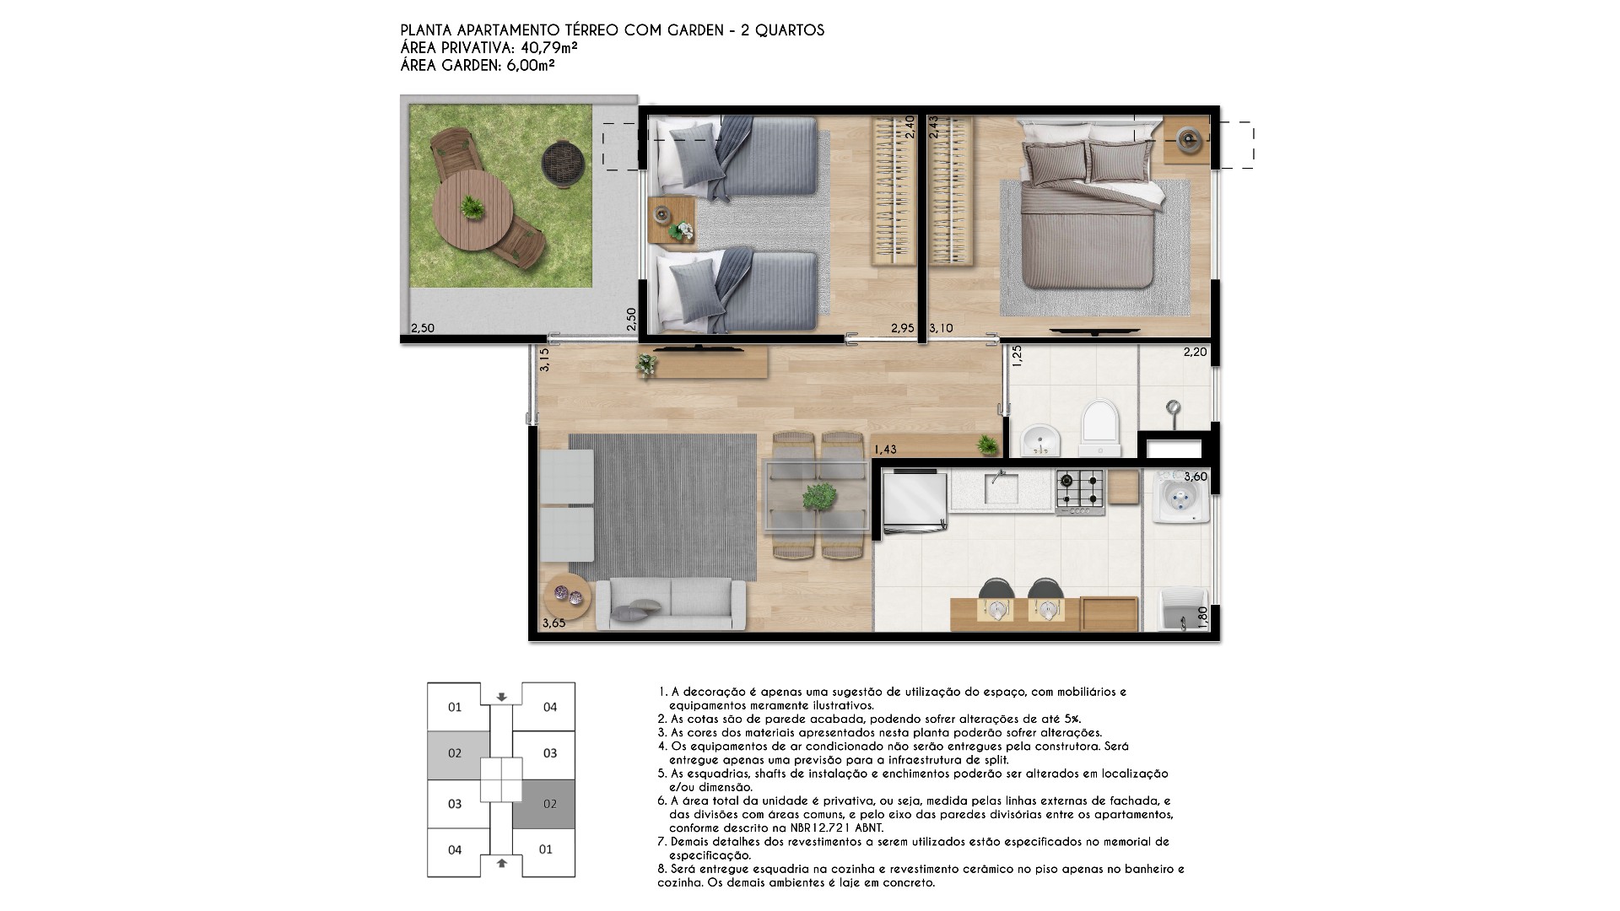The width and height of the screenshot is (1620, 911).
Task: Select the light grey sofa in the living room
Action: (671, 604)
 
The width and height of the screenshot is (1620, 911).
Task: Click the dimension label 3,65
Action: (553, 623)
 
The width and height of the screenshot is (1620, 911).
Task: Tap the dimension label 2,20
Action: (1195, 352)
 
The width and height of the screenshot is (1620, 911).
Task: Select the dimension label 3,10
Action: (942, 329)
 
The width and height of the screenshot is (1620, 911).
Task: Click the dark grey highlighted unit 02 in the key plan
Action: (549, 804)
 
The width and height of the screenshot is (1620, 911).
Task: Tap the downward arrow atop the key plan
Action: (502, 697)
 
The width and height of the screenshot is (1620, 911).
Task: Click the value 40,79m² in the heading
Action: (544, 47)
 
